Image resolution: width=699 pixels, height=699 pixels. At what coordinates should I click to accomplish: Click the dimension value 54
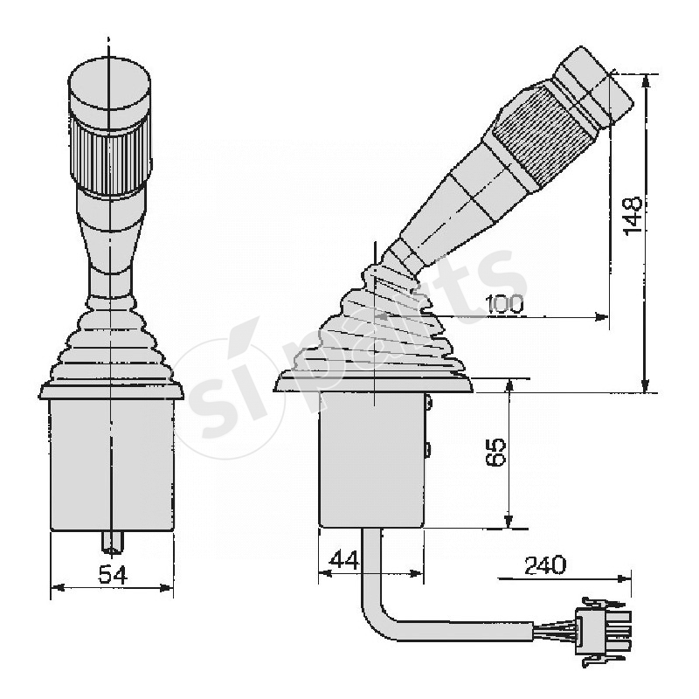pos(112,575)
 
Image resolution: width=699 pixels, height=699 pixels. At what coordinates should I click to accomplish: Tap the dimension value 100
pos(503,305)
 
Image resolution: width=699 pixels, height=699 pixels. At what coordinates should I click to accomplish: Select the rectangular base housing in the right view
pos(371,459)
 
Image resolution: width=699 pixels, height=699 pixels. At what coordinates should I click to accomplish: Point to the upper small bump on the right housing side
pos(430,404)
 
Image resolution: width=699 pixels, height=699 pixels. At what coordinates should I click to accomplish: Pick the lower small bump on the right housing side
pos(429,450)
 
